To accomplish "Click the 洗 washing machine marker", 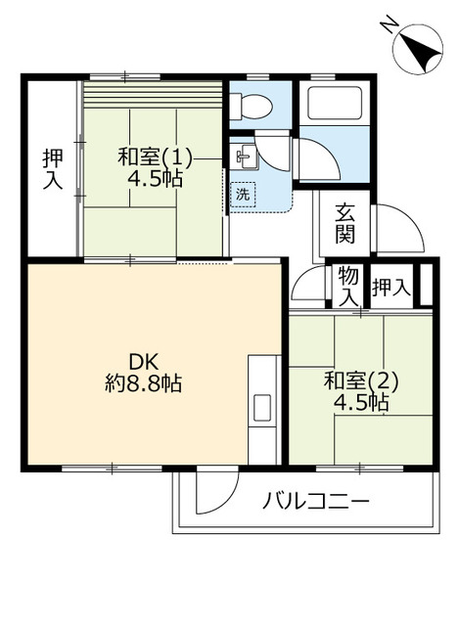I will pyautogui.click(x=243, y=194).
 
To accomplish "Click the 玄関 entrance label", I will pyautogui.click(x=344, y=223).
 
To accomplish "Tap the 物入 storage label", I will pyautogui.click(x=347, y=285).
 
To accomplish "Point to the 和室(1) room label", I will pyautogui.click(x=155, y=156).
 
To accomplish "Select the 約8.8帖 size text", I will pyautogui.click(x=144, y=382).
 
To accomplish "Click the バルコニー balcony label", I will pyautogui.click(x=316, y=503).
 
